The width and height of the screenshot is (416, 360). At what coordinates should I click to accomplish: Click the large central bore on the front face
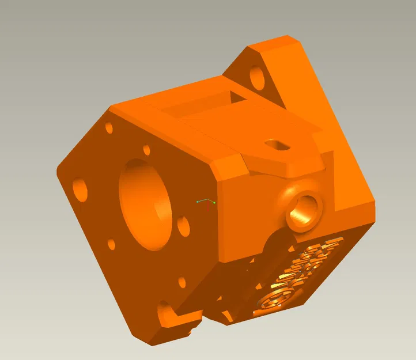pyautogui.click(x=144, y=204)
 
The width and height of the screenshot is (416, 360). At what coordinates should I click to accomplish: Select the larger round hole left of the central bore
pyautogui.click(x=80, y=189)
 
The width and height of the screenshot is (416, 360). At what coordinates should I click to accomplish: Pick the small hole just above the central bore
pyautogui.click(x=146, y=150)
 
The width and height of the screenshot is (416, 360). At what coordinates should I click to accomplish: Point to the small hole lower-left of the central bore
pyautogui.click(x=111, y=245)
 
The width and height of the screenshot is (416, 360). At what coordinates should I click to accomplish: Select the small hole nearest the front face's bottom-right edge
pyautogui.click(x=182, y=282)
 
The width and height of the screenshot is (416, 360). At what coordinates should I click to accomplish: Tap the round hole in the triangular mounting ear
pyautogui.click(x=257, y=77)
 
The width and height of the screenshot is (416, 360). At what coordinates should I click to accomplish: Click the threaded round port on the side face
pyautogui.click(x=304, y=210)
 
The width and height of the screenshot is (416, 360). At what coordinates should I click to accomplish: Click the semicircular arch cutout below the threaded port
pyautogui.click(x=277, y=242)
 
